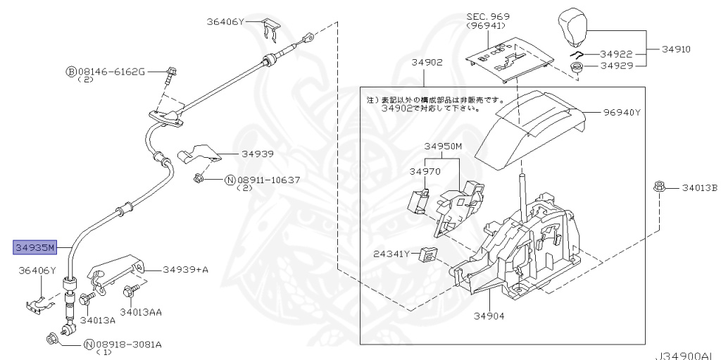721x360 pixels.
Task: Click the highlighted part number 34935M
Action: click(x=35, y=247)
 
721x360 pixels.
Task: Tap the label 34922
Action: click(x=617, y=54)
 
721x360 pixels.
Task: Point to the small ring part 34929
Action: click(x=576, y=68)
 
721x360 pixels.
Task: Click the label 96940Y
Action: click(x=622, y=112)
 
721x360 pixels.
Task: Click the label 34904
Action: click(x=489, y=316)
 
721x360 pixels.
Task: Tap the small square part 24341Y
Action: click(x=427, y=254)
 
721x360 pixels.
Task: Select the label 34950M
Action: click(x=443, y=147)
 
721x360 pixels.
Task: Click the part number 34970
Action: click(x=425, y=171)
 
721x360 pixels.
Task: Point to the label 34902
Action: click(x=427, y=63)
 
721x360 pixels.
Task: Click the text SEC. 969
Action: click(x=488, y=15)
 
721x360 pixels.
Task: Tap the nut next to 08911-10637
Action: click(x=199, y=179)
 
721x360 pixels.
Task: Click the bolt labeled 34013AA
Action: click(x=131, y=290)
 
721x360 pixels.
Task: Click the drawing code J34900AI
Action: click(x=686, y=355)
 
